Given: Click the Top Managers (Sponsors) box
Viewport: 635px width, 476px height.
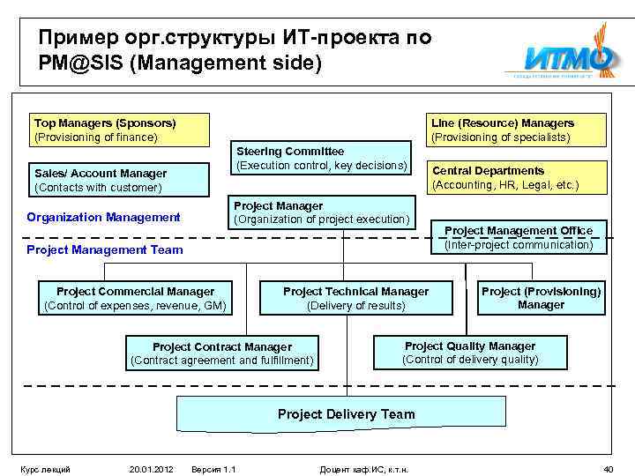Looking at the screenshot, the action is (120, 130).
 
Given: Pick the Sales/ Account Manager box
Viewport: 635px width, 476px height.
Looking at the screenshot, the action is (120, 180).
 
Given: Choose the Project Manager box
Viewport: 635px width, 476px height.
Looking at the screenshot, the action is (321, 212).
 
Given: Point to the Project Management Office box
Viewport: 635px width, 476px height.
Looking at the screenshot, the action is (519, 237).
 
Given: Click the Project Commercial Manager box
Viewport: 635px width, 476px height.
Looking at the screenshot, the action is (135, 298).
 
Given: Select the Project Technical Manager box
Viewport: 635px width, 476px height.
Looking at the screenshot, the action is (355, 298).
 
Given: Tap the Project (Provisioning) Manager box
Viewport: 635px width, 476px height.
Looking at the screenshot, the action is (541, 298).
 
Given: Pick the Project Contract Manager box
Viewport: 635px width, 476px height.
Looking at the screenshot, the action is (221, 353).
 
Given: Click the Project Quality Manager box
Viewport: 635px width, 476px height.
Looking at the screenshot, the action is (469, 353).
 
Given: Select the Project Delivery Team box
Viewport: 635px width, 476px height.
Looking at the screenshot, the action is (346, 413).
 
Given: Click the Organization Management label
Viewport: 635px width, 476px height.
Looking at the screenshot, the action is (103, 217).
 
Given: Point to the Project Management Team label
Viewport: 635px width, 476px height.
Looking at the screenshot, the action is (105, 249).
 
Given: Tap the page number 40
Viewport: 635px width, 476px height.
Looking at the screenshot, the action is (608, 468).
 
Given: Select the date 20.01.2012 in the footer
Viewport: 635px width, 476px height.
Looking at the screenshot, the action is (150, 468).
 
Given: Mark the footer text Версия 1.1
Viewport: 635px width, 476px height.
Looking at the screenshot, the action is (213, 468).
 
